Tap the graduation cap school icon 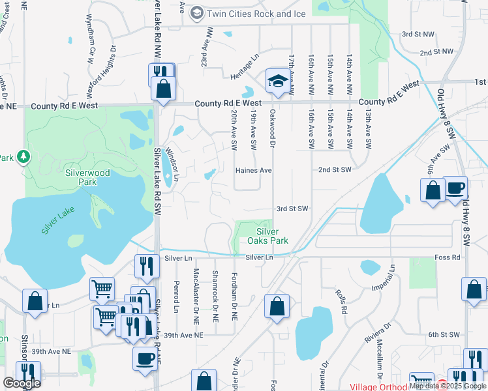277,81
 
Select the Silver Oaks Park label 267,236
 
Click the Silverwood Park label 87,177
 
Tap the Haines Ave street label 253,170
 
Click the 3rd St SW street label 292,209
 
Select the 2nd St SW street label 335,169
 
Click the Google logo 22,383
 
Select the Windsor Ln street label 171,159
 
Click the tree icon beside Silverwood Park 23,157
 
